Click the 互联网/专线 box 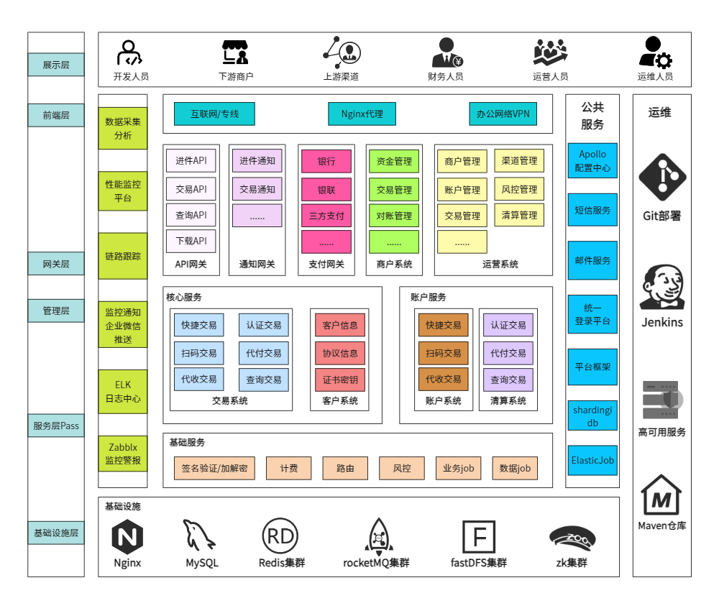pos(214,114)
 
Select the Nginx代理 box pos(362,114)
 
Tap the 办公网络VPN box pos(503,114)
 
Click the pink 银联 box pos(326,189)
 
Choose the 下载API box pos(191,241)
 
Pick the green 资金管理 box pos(394,161)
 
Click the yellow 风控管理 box pos(519,189)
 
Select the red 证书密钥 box pos(340,380)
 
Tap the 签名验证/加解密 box pos(214,468)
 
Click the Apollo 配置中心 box pos(592,160)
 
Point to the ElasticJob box pos(592,460)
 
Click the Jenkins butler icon pos(662,287)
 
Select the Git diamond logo pos(662,177)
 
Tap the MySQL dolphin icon pos(198,535)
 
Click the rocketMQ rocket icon pos(379,535)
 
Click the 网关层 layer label pos(56,264)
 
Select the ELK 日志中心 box pos(123,392)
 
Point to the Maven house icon pos(661,495)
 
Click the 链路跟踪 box pos(123,256)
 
